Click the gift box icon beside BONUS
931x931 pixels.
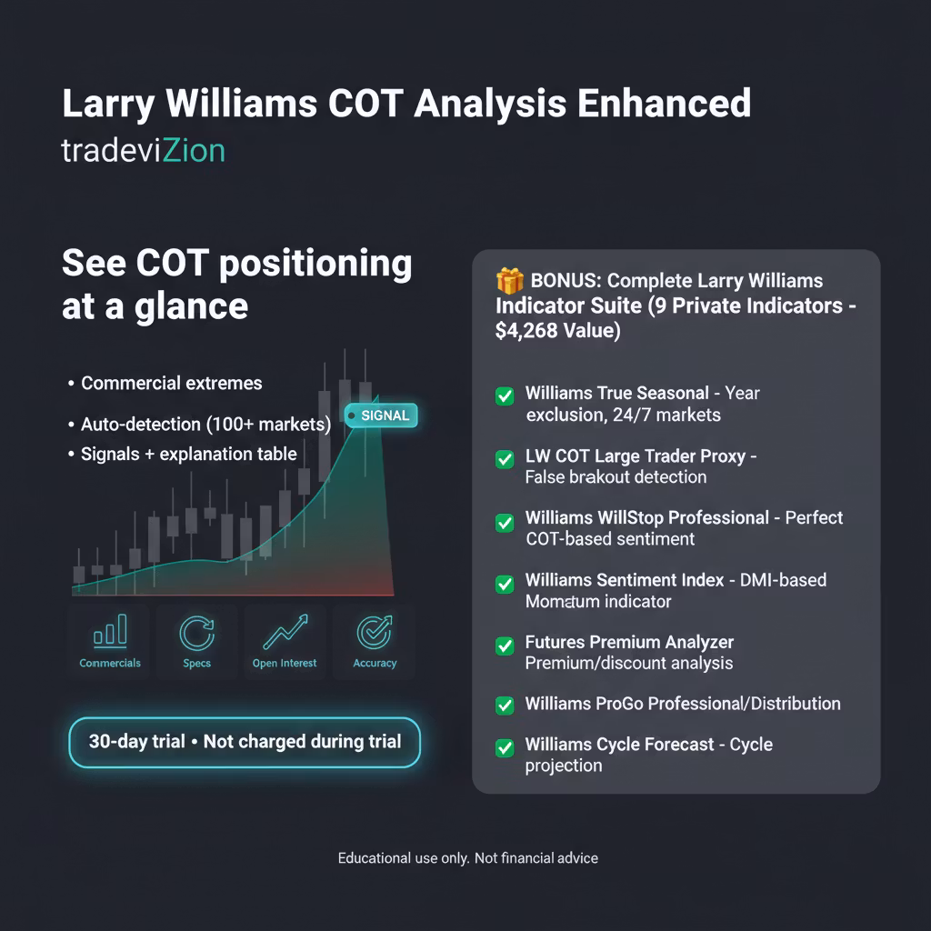tap(509, 281)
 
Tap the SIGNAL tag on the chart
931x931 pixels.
tap(381, 415)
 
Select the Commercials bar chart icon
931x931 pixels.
tap(110, 631)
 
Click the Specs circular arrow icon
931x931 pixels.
tap(197, 634)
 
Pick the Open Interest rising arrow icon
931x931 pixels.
tap(285, 632)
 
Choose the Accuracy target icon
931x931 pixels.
tap(375, 633)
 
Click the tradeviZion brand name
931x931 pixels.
tap(143, 151)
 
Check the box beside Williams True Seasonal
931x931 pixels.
tap(505, 396)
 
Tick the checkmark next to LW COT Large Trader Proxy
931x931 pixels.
tap(505, 459)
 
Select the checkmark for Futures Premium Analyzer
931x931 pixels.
tap(505, 646)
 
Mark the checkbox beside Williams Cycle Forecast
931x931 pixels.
tap(505, 747)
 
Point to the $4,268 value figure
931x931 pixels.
tap(526, 331)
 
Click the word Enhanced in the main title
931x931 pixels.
tap(665, 104)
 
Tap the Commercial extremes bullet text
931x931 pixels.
tap(172, 383)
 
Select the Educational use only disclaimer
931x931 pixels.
tap(468, 858)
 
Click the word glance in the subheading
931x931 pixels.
tap(191, 307)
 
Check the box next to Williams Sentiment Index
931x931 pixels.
tap(505, 584)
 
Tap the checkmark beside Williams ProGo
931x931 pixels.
tap(505, 706)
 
